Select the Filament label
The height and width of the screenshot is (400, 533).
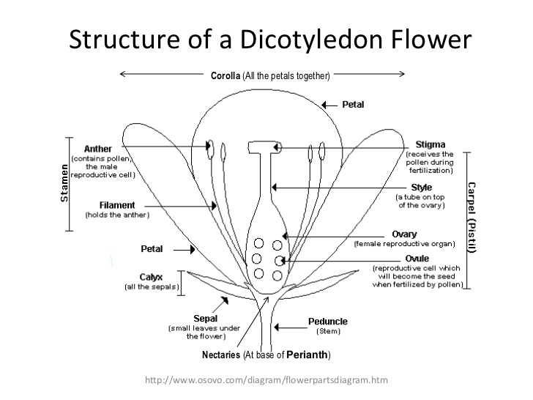(116, 205)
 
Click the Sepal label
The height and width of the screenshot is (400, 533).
(206, 319)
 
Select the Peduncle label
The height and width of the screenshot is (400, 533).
(328, 321)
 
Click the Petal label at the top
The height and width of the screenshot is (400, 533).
(353, 104)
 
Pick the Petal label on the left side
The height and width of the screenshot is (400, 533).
(152, 249)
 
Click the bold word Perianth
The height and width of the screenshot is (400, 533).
(307, 355)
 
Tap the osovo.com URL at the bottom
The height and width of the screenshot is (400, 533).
(266, 379)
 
